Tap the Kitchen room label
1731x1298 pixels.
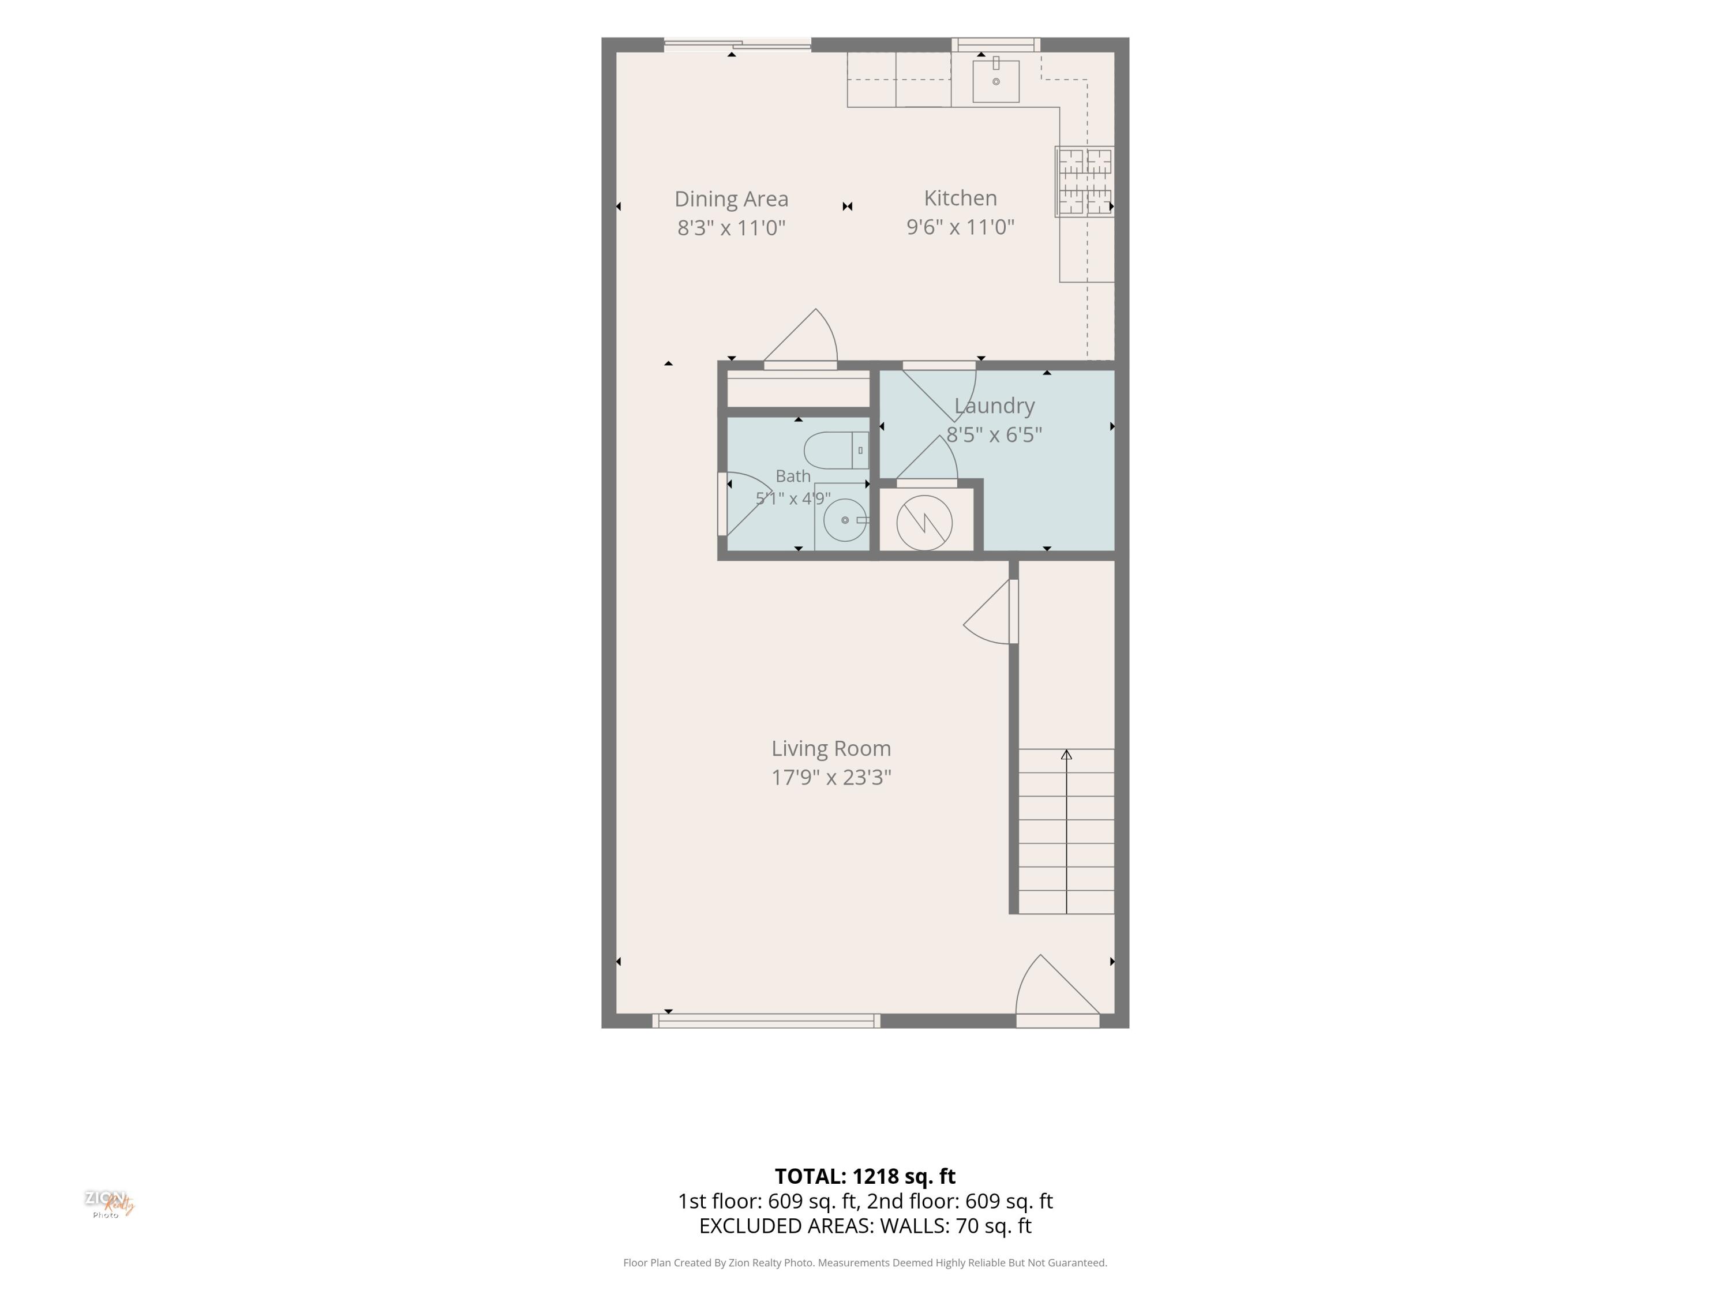tap(960, 198)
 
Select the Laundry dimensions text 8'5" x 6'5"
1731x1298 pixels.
tap(994, 434)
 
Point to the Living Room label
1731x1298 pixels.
tap(831, 749)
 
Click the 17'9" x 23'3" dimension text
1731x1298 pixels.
tap(831, 777)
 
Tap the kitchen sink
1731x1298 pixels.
tap(995, 81)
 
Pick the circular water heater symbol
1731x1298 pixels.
tap(924, 523)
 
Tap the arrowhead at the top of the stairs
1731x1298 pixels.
tap(1066, 754)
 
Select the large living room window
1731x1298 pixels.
tap(766, 1021)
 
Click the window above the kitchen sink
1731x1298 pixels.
tap(995, 44)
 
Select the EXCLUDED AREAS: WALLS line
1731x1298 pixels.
tap(865, 1226)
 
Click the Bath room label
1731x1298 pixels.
tap(793, 476)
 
